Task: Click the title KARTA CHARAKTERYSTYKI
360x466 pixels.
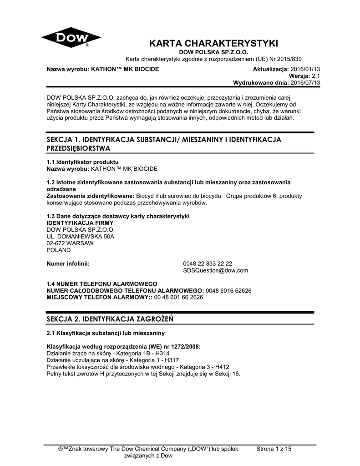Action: point(213,44)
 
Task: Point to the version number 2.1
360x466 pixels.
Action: point(316,76)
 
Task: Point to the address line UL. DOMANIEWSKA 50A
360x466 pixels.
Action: point(81,237)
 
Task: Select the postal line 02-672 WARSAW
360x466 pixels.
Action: point(70,243)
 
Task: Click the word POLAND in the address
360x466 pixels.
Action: point(59,250)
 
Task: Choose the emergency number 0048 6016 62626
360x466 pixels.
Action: point(229,290)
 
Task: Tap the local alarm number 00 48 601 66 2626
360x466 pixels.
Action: point(179,297)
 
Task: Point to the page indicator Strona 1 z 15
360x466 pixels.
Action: point(274,449)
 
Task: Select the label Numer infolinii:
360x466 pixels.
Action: point(68,263)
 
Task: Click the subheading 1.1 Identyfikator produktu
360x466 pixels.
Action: point(83,162)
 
